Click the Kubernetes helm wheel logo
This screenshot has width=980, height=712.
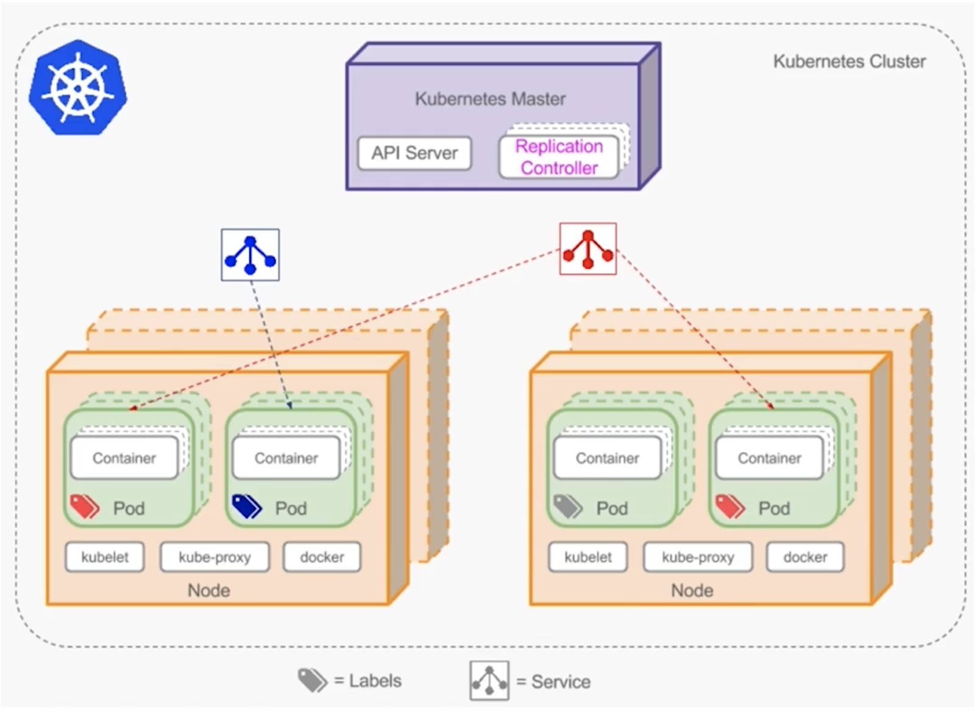(x=77, y=88)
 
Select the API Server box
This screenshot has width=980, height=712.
(x=414, y=153)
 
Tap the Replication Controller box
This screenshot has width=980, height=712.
(x=559, y=157)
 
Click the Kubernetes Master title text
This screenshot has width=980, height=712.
(x=490, y=99)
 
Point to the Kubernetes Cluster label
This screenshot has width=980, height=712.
(x=849, y=62)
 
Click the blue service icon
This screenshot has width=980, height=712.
(x=250, y=255)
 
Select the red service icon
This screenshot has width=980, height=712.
(x=588, y=249)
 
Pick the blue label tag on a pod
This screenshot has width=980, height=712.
(x=246, y=507)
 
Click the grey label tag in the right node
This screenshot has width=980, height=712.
(x=567, y=507)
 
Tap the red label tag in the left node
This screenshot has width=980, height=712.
(x=84, y=507)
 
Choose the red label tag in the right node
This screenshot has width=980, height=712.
(x=730, y=507)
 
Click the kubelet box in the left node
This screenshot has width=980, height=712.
(x=105, y=557)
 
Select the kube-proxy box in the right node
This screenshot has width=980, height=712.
(x=698, y=557)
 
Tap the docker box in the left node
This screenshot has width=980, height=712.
(x=322, y=557)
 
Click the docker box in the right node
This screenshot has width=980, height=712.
(x=805, y=557)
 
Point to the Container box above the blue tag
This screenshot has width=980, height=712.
(x=286, y=458)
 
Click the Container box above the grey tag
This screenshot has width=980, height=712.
(x=607, y=458)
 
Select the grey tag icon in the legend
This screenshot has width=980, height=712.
(x=312, y=680)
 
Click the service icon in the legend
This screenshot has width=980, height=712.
(x=489, y=681)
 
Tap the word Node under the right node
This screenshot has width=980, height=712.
(x=692, y=591)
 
